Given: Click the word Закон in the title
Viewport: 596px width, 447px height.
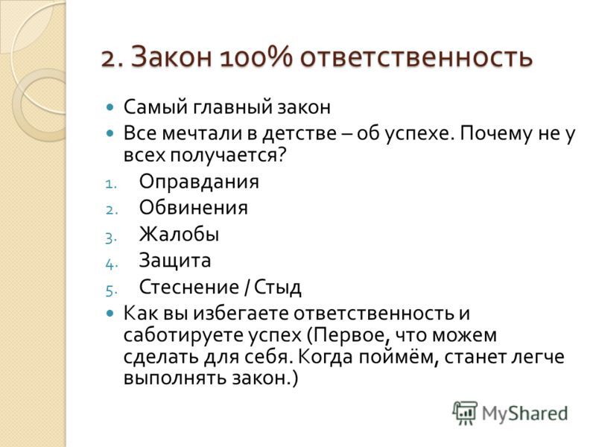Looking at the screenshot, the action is click(x=172, y=57).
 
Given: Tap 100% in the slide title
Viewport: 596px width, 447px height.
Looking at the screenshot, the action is click(x=256, y=57).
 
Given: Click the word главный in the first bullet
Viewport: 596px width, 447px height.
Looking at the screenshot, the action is click(x=232, y=107).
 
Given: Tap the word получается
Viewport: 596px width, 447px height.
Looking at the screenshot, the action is click(x=222, y=156).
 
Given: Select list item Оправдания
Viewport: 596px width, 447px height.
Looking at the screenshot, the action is click(x=199, y=182).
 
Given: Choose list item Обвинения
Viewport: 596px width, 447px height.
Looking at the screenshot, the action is click(x=194, y=208).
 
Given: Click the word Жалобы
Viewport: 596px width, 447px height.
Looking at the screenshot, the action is click(x=179, y=234).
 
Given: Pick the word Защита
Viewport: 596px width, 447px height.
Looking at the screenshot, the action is click(x=175, y=261).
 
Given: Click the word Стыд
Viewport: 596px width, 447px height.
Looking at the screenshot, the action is click(x=277, y=288).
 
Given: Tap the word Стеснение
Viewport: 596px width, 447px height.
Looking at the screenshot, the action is click(x=189, y=287).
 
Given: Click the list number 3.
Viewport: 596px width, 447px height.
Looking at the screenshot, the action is click(x=110, y=238).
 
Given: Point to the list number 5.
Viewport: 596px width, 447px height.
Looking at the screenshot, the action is click(x=110, y=291).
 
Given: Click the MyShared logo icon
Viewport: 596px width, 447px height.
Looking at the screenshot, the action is click(x=464, y=413).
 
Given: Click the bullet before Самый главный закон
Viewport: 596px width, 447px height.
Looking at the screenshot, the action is click(x=110, y=107).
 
